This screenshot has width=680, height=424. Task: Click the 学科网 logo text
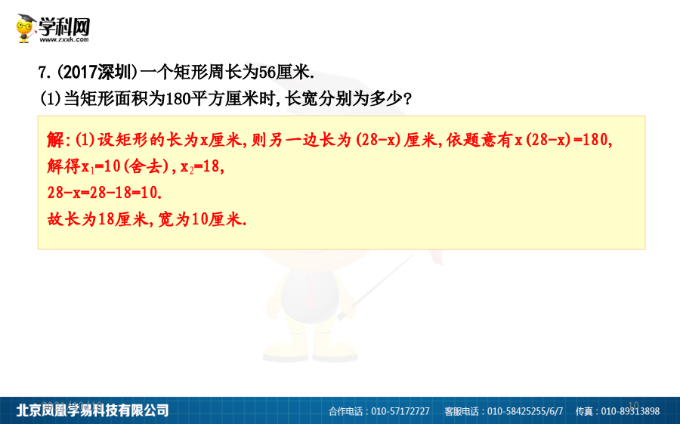pos(64,27)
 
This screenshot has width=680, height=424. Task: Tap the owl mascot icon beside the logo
pos(26,28)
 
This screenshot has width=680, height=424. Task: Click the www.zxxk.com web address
pos(64,39)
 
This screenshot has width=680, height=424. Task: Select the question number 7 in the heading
pos(42,73)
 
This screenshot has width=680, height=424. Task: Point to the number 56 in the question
pos(267,72)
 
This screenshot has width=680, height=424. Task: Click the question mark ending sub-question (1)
pos(407,99)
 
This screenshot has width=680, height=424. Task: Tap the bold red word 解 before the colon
pos(55,140)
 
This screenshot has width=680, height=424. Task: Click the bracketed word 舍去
pos(146,166)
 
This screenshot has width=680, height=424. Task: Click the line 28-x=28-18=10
pos(104,193)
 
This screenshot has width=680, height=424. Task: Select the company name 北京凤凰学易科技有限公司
pos(92,410)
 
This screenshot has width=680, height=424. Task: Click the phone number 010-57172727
pos(400,411)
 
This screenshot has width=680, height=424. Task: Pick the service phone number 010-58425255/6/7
pos(525,411)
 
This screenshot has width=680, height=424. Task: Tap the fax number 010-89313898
pos(630,411)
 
